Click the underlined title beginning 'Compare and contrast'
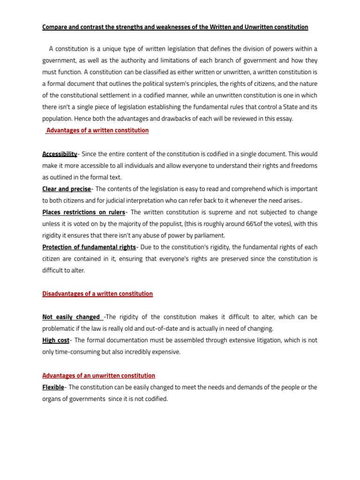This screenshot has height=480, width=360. (175, 27)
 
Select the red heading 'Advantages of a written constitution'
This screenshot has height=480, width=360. (97, 130)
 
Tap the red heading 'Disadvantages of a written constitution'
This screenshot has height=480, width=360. (97, 294)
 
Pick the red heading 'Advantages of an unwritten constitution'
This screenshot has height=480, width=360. (98, 376)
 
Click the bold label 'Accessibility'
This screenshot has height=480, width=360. (60, 154)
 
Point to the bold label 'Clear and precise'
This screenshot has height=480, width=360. (67, 189)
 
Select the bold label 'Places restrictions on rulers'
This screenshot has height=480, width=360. (83, 212)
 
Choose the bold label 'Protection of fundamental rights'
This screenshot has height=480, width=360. (89, 247)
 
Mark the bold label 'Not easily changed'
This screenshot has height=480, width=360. (71, 317)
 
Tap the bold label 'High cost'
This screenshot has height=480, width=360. (56, 340)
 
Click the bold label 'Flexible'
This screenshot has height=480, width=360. (53, 387)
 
